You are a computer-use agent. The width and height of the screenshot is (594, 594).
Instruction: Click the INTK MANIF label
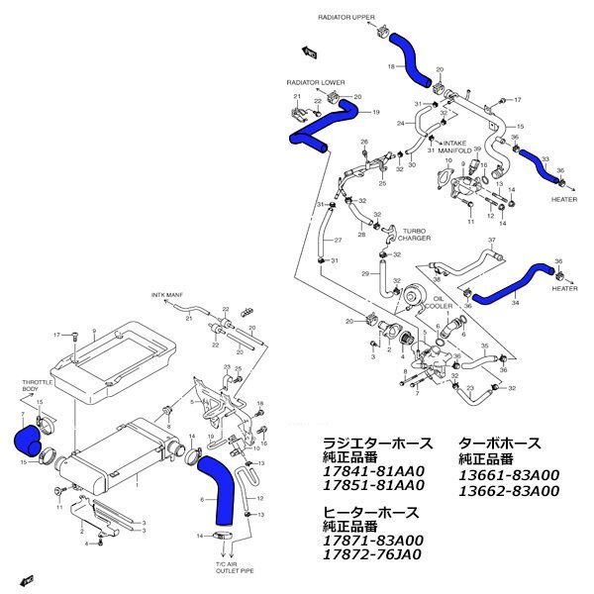coord(167,295)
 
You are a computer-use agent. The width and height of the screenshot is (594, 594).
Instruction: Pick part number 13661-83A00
coord(509,474)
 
